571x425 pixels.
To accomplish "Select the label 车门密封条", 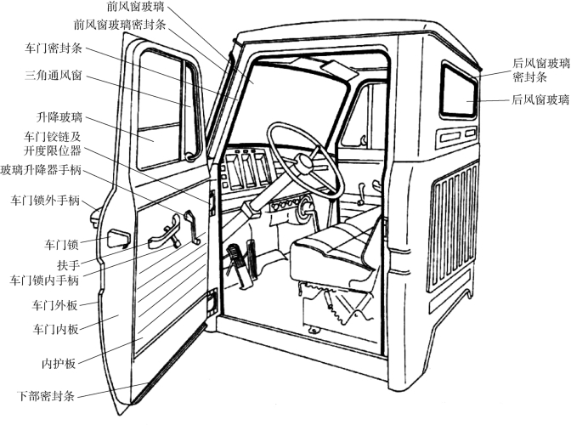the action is click(x=54, y=49).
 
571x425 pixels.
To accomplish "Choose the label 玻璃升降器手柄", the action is click(x=41, y=169).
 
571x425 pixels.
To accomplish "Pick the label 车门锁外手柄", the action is click(x=45, y=201).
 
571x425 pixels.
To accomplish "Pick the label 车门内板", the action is click(x=57, y=329).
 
